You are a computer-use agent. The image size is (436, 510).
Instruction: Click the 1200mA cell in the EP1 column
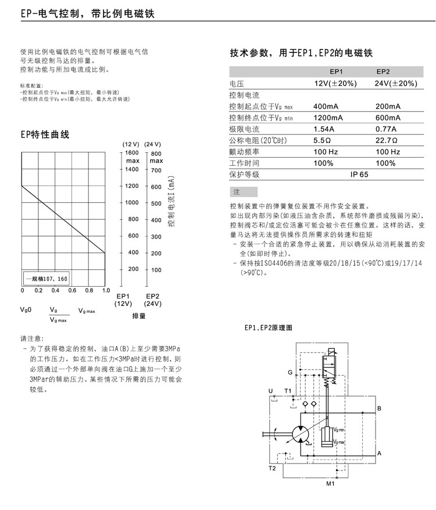(x=328, y=118)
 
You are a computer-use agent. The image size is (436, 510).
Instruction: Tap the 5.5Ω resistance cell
(x=323, y=141)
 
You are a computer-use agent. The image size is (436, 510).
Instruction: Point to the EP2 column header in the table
(x=383, y=72)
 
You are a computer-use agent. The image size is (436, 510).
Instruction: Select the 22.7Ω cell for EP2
(x=387, y=141)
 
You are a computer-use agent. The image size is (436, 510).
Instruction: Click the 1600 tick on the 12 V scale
(x=133, y=152)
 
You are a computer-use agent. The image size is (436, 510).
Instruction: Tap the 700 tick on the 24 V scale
(x=156, y=170)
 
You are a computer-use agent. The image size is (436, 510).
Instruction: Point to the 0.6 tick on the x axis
(x=72, y=290)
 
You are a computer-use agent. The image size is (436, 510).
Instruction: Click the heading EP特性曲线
(x=45, y=135)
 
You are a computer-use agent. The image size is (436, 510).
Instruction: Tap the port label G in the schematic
(x=290, y=372)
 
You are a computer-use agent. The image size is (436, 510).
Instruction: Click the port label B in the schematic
(x=379, y=409)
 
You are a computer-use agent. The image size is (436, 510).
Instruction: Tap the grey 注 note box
(x=244, y=192)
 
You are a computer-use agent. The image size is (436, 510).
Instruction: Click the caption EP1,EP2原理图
(x=267, y=328)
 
